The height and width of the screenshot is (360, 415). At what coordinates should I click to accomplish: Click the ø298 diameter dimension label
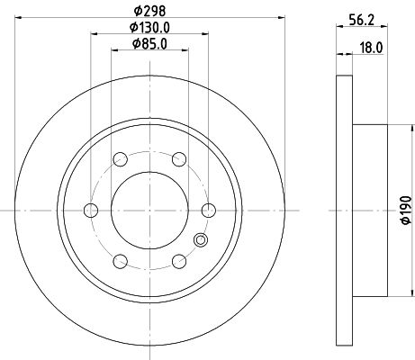pos(149,10)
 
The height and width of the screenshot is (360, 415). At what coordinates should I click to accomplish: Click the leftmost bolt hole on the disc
pos(90,211)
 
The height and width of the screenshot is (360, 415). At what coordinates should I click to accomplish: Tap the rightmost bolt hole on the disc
pos(209,211)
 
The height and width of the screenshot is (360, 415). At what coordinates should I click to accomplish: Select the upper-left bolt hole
pos(120,159)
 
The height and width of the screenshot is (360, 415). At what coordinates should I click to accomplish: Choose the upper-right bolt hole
pos(179,159)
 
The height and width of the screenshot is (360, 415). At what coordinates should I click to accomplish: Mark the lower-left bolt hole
pos(120,263)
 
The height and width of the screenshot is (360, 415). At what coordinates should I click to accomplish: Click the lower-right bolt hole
pos(179,263)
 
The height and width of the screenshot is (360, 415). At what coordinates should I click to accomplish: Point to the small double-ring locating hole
pos(201,239)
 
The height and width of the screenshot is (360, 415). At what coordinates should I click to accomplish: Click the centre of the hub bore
pos(149,211)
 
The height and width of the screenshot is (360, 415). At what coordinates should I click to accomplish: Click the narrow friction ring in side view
pos(341,211)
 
